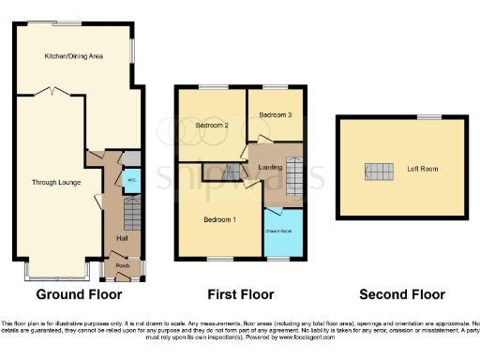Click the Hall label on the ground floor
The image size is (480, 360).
click(x=122, y=238)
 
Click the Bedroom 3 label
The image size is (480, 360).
click(x=277, y=114)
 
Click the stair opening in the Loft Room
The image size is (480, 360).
click(x=381, y=171)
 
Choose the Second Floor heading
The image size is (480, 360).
click(x=403, y=294)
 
